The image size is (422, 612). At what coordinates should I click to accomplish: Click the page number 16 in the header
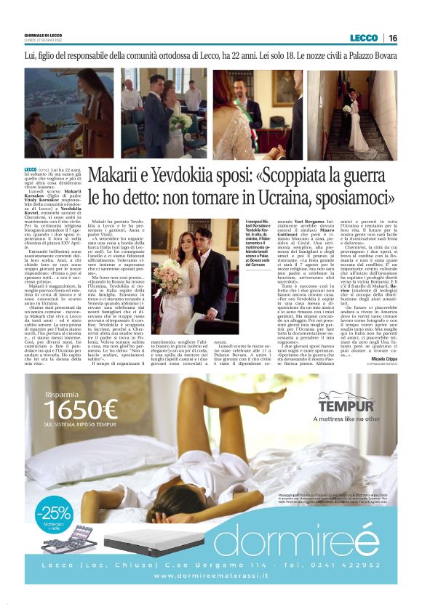click(x=392, y=38)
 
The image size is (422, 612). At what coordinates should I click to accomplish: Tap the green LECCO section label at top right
click(x=363, y=38)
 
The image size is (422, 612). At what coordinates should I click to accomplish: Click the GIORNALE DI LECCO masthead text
click(x=43, y=35)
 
